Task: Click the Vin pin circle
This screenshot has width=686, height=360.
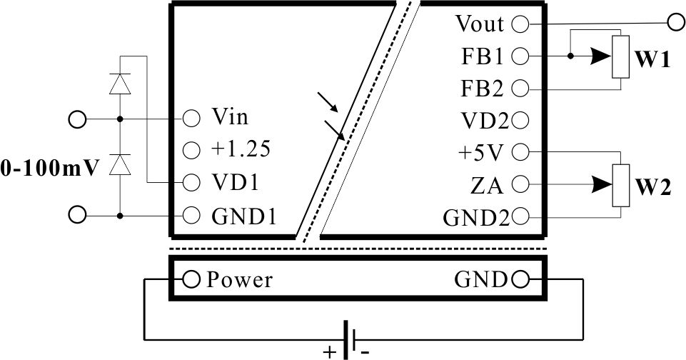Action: click(191, 117)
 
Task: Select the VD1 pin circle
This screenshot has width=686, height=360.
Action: click(191, 182)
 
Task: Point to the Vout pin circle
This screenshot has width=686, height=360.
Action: click(520, 24)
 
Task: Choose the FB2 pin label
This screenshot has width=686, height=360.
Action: click(483, 89)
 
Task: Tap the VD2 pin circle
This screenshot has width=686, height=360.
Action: click(520, 120)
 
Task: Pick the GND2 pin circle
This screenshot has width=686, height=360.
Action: click(520, 216)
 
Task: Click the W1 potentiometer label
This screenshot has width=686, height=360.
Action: click(652, 61)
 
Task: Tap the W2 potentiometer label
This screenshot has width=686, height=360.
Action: click(652, 189)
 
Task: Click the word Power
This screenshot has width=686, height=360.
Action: click(240, 279)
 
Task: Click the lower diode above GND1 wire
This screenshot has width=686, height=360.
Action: click(120, 166)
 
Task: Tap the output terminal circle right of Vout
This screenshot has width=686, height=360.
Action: click(674, 24)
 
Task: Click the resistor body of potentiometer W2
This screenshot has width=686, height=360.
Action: click(621, 185)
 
